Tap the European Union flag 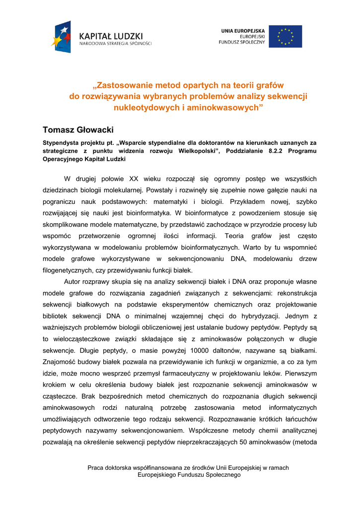(x=285, y=36)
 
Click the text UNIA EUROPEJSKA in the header (x=243, y=31)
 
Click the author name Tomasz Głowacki (x=78, y=130)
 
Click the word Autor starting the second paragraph (x=73, y=282)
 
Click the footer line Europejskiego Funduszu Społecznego (x=188, y=475)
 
